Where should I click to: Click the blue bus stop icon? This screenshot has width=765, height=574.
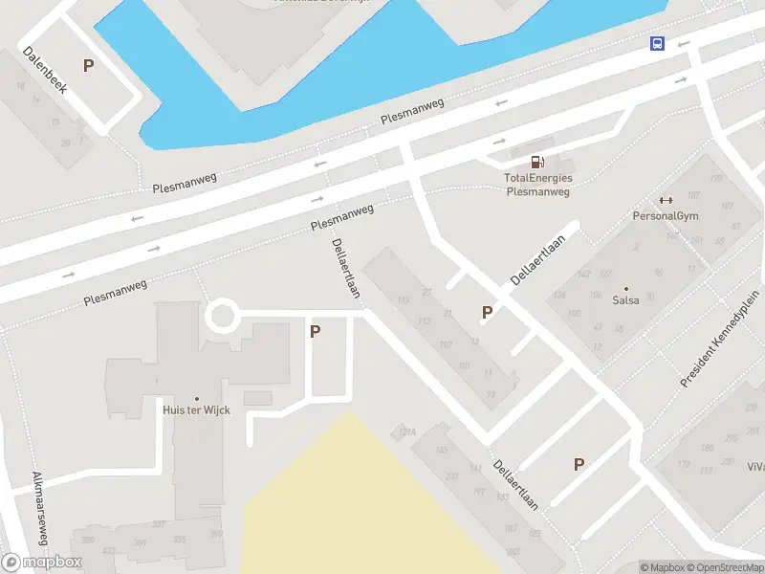658,43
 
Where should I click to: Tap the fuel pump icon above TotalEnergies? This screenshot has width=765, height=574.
539,162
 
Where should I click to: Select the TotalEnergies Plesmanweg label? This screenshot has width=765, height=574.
537,184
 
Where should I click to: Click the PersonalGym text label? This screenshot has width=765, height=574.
666,215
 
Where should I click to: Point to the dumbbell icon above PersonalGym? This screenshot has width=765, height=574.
666,200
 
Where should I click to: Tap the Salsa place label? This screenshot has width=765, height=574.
626,299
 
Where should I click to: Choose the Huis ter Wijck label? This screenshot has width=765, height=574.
197,409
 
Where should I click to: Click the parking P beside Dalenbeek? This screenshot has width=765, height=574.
89,66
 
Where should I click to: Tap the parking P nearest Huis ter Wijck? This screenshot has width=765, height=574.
315,332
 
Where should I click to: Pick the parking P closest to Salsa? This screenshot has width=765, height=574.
487,312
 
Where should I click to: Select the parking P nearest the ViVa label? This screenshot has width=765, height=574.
578,465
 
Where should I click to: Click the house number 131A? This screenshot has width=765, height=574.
407,432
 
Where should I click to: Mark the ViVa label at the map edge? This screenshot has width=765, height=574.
755,467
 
